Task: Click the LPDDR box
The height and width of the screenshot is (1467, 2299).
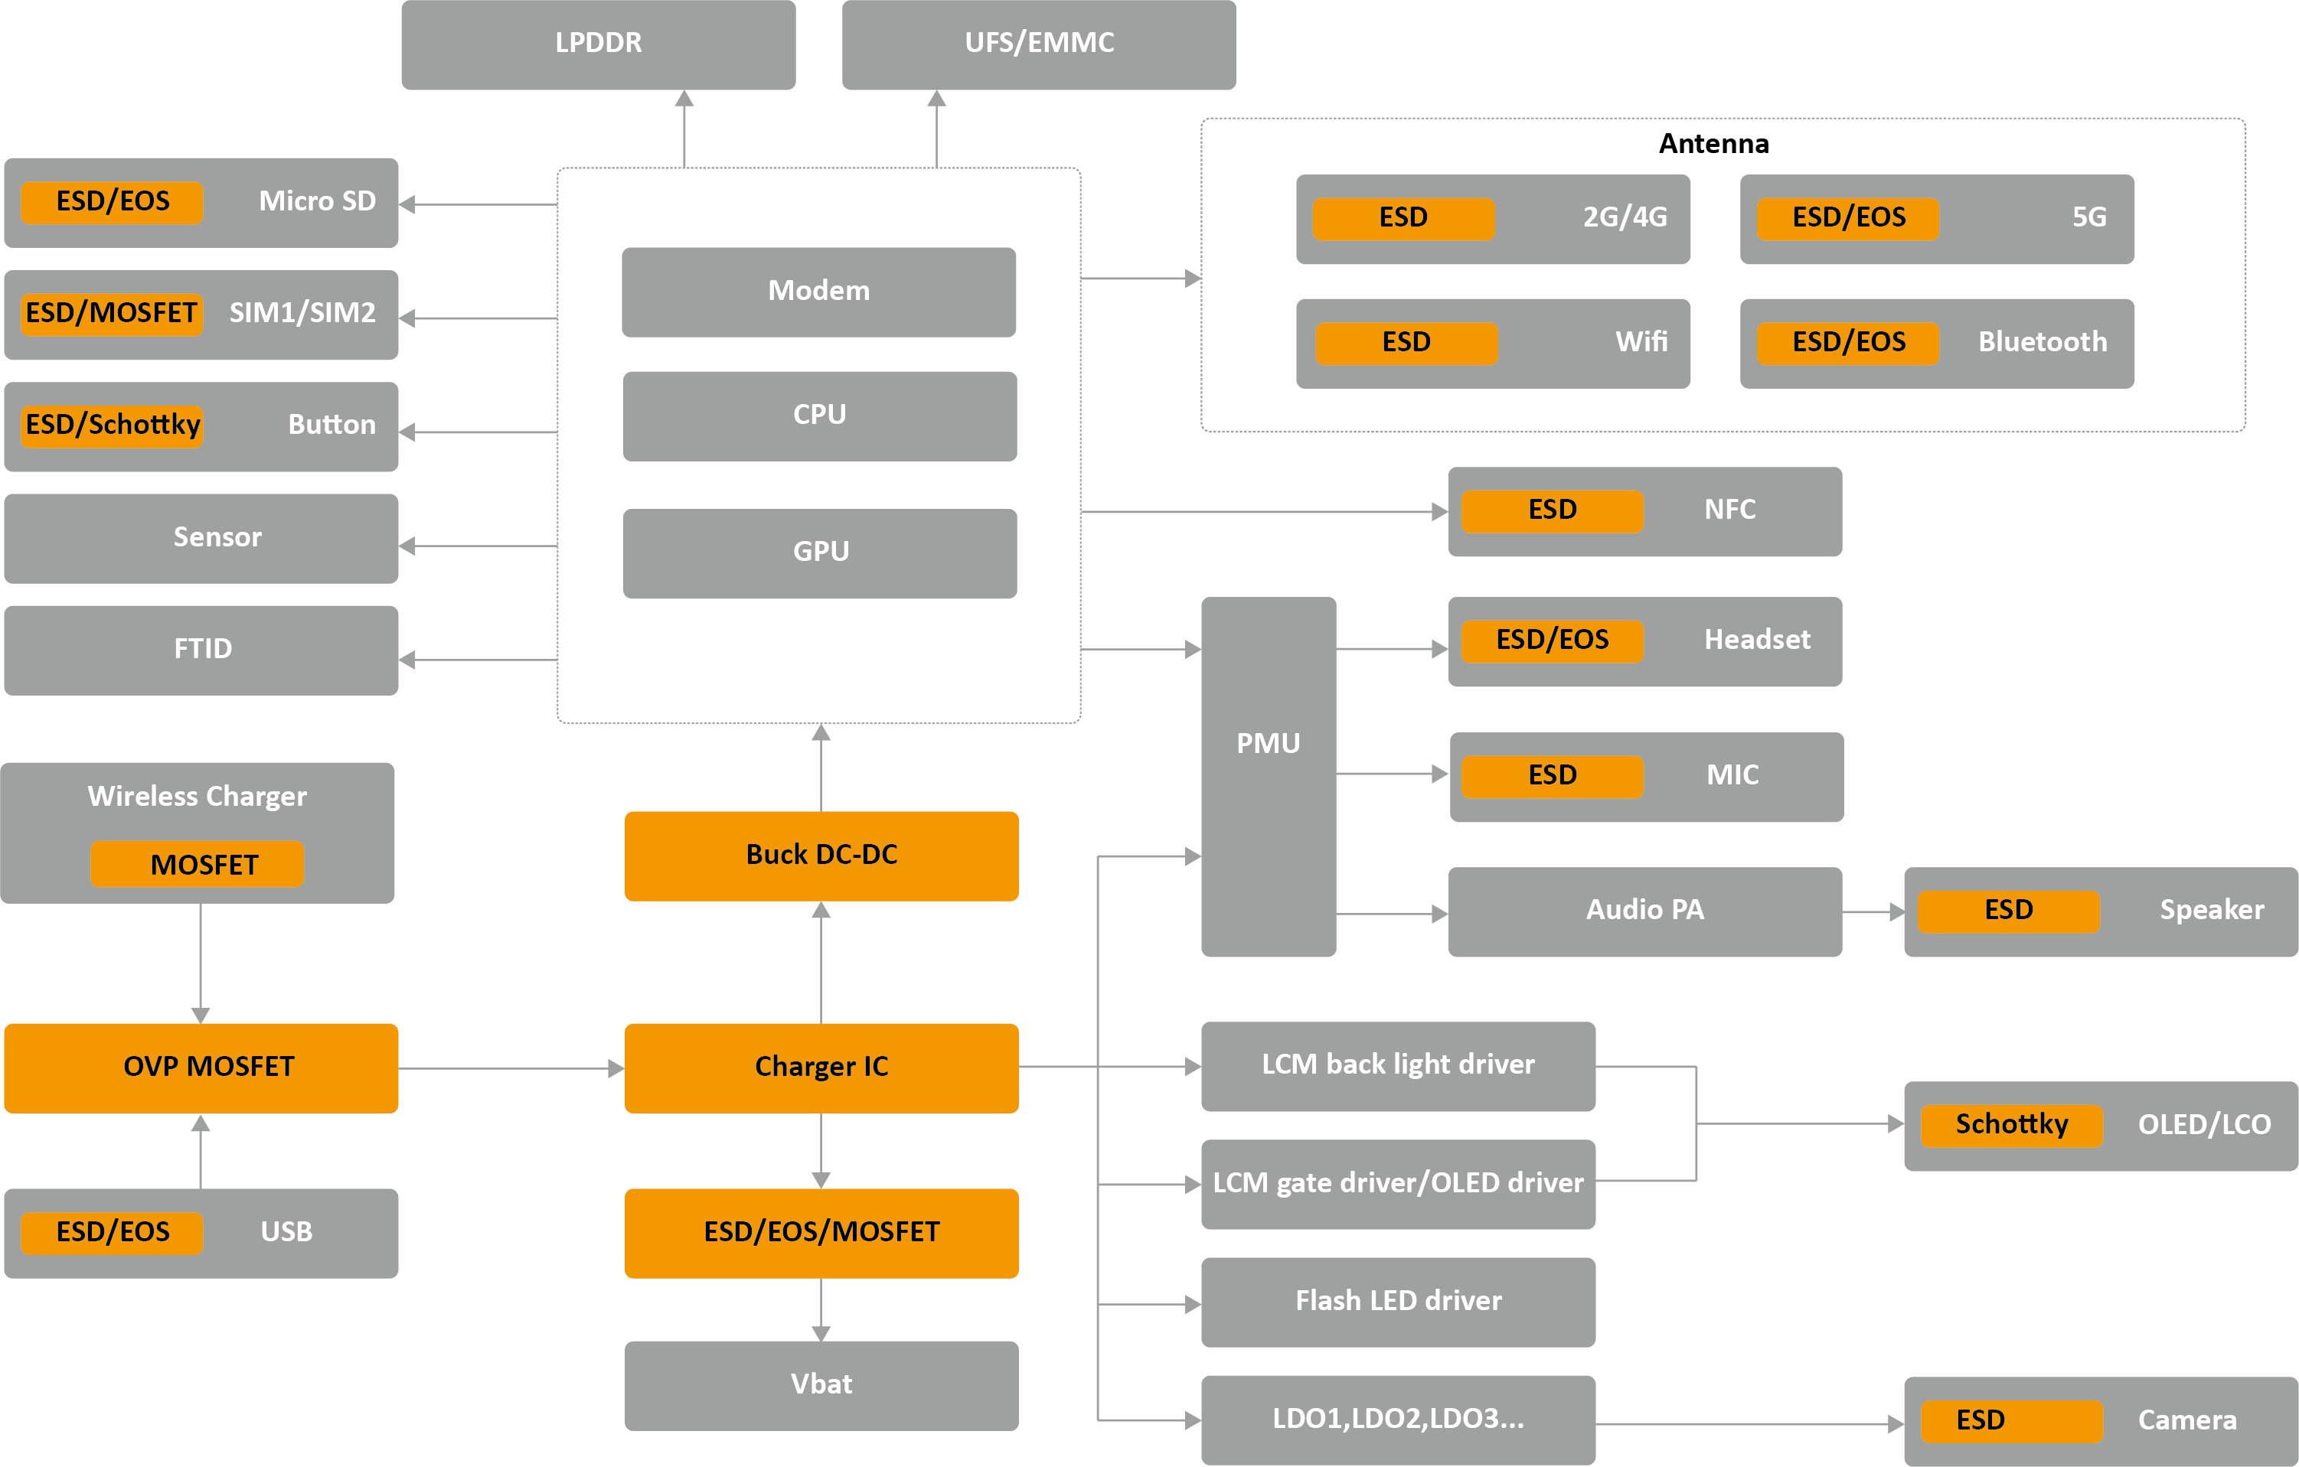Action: point(598,44)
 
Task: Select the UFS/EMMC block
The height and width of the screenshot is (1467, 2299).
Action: point(1039,44)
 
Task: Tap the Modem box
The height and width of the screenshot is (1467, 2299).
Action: point(818,291)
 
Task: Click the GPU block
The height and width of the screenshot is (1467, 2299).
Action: point(819,553)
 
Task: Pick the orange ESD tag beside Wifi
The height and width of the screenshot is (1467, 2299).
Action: point(1406,343)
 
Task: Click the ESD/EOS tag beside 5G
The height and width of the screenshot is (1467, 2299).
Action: point(1847,217)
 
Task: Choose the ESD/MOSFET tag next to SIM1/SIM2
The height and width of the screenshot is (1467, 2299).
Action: point(112,313)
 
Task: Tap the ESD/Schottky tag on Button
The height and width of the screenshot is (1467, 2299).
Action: point(113,425)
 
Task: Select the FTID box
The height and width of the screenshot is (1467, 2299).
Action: point(201,650)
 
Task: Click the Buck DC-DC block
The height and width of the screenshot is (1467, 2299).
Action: point(821,856)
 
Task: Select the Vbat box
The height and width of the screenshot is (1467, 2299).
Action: point(821,1385)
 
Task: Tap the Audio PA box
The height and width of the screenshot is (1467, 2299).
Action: point(1644,911)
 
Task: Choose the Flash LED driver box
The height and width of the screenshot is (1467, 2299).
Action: point(1398,1301)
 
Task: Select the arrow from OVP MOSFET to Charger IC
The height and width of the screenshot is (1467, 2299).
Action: point(511,1069)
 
